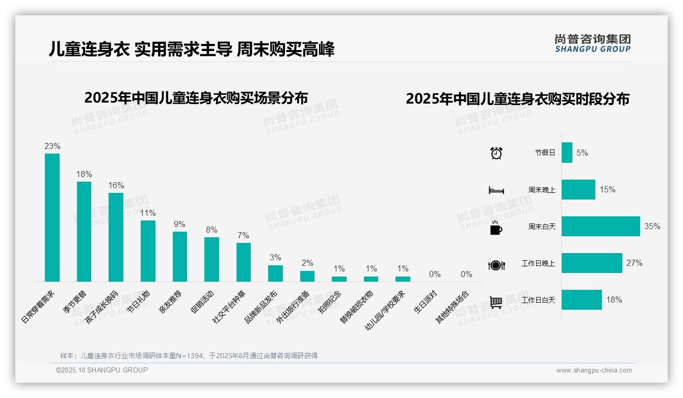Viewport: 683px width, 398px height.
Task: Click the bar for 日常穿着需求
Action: (52, 217)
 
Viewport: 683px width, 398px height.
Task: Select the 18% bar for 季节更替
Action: (84, 231)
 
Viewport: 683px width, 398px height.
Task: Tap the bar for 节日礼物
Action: (148, 251)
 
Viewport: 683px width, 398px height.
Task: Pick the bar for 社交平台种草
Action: (244, 262)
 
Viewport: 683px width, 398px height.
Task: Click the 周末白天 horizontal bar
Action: (600, 226)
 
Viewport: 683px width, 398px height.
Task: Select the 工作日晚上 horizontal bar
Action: (592, 263)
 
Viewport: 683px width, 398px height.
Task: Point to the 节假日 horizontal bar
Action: (567, 153)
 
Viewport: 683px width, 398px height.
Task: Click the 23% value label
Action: (52, 146)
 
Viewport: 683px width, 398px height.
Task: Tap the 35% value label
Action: (652, 226)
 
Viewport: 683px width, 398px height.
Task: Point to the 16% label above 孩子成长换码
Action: (116, 186)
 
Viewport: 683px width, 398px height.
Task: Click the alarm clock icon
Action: (496, 153)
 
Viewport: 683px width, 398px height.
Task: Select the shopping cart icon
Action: (496, 302)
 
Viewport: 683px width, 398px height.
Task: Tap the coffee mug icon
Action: (496, 228)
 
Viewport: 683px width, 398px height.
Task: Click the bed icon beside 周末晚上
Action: (496, 190)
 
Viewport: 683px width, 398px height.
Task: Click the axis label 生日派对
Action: (426, 301)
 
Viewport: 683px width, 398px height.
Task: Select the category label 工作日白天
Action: (538, 300)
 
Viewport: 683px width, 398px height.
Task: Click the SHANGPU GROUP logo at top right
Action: (592, 43)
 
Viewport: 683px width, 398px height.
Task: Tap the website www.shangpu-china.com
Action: (594, 370)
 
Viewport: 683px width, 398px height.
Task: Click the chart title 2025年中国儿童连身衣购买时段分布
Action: (517, 99)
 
